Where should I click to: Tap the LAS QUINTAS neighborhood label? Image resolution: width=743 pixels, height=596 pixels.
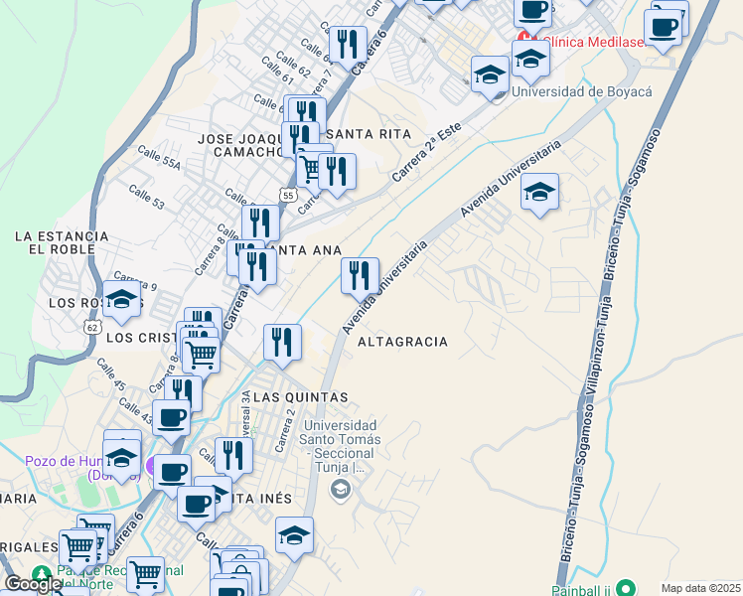click(x=300, y=397)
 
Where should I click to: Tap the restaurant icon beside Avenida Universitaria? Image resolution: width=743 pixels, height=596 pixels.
click(x=360, y=274)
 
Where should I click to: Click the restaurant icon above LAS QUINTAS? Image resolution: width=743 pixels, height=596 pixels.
click(x=282, y=342)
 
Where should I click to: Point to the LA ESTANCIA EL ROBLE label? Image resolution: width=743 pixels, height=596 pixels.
click(x=61, y=243)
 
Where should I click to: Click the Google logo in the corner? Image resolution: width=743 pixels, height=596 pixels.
click(x=33, y=584)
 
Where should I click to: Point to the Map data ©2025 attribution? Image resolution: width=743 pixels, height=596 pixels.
click(x=700, y=588)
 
